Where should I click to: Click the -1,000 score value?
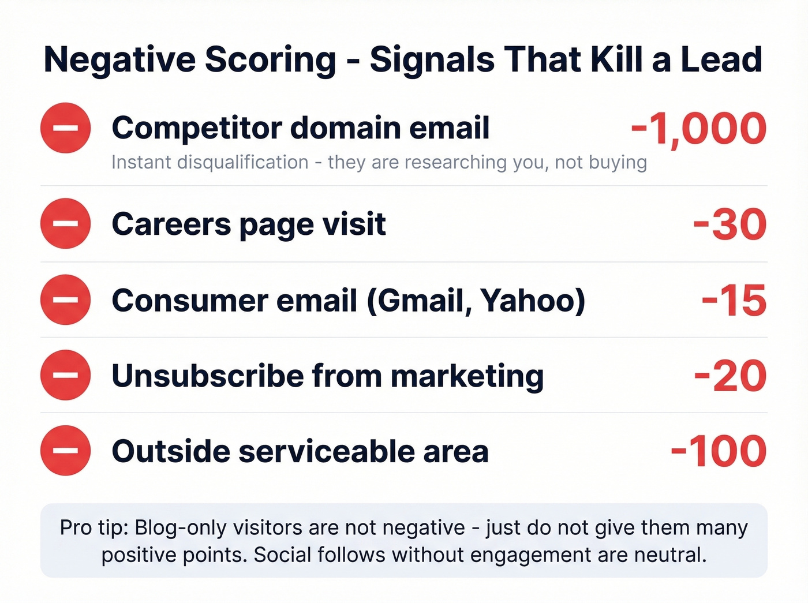[698, 129]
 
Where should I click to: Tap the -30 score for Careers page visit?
[730, 224]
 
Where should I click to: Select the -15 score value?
[734, 301]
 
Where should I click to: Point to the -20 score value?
[730, 376]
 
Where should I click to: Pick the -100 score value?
[718, 451]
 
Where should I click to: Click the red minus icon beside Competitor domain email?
[66, 128]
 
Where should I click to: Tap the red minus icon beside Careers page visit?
[66, 223]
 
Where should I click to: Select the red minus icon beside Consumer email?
[66, 299]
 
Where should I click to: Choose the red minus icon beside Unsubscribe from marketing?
[66, 375]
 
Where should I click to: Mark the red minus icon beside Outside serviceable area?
[66, 450]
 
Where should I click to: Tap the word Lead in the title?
[721, 59]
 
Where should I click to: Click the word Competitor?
[197, 129]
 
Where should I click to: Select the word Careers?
[171, 224]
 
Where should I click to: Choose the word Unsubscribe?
[207, 376]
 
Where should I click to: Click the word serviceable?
[327, 451]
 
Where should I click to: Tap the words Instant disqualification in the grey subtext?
[210, 163]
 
